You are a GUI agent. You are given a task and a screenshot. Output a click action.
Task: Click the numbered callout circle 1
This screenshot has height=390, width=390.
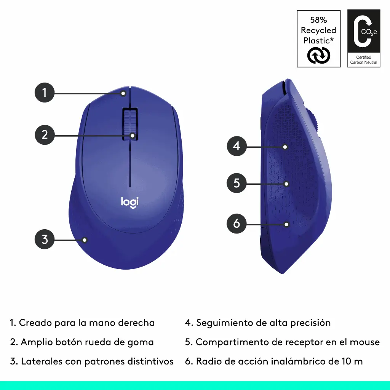pos(45,93)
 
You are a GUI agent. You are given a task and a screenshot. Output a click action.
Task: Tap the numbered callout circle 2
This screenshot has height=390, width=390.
pos(45,135)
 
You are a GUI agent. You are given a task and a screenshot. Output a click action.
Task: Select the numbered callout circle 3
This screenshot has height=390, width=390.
pos(45,239)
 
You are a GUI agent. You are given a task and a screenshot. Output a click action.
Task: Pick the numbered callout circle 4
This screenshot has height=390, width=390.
pos(237,146)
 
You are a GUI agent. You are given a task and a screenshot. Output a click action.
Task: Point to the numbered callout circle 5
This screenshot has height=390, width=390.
pos(237,183)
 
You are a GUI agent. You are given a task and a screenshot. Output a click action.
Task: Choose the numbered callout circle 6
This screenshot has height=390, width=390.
pos(237,223)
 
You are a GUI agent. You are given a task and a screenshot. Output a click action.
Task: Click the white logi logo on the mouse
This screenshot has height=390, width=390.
pos(129,202)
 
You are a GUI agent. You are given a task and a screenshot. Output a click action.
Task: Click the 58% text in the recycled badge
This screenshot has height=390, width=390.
pos(318,20)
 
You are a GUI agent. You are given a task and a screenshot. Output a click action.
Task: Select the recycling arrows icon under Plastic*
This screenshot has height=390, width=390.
pos(319,56)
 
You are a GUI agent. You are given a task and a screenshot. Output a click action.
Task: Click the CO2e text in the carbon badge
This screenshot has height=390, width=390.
pos(369,32)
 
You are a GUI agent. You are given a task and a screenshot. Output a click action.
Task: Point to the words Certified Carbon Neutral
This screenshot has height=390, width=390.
pos(364,60)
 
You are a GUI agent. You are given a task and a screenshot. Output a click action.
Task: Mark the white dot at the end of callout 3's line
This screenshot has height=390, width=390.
pos(85,240)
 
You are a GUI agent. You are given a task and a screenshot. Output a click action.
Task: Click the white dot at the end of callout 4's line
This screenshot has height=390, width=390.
pos(285,147)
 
